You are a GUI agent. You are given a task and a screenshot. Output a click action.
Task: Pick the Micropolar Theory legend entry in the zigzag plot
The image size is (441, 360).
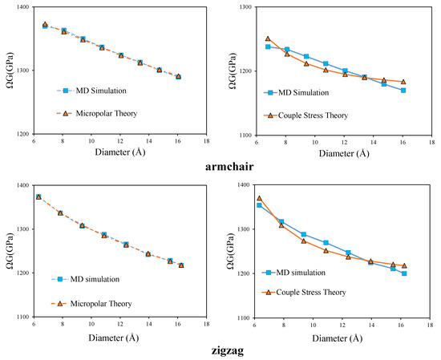click(x=88, y=303)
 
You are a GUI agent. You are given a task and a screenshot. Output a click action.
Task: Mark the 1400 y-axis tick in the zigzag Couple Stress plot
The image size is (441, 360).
click(x=240, y=185)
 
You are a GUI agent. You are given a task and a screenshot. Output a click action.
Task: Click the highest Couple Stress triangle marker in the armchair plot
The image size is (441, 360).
click(x=268, y=38)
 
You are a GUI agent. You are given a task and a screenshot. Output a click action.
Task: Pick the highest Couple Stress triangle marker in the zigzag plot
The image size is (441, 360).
click(x=259, y=198)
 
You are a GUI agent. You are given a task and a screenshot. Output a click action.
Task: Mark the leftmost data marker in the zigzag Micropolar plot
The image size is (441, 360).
click(x=38, y=197)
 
